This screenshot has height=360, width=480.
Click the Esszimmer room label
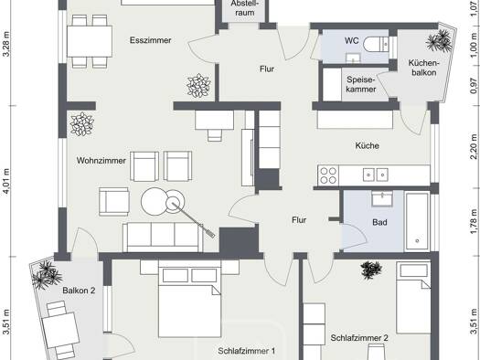(x=150, y=40)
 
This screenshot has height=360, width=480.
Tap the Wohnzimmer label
(x=101, y=161)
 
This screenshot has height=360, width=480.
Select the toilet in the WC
(x=376, y=45)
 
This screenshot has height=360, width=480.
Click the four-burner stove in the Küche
(x=328, y=175)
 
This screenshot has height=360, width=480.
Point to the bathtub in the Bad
(x=417, y=222)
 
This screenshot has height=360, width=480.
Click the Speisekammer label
(x=361, y=84)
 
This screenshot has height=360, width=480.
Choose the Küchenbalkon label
(x=424, y=68)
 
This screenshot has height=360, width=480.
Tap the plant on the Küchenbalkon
(x=439, y=40)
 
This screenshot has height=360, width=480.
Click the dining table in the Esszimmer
(x=90, y=41)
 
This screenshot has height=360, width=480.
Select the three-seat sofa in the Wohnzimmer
(x=163, y=237)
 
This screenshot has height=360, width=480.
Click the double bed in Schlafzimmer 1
(x=189, y=298)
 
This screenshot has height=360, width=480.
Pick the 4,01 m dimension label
(x=6, y=182)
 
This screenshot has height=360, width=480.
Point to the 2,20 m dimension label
(x=474, y=147)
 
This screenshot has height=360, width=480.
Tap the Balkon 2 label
(x=79, y=291)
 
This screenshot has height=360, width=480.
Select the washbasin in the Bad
(x=382, y=199)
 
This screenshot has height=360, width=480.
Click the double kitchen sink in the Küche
(x=375, y=175)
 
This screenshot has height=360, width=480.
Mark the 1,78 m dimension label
(x=474, y=221)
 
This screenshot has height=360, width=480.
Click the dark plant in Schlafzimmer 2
(x=371, y=270)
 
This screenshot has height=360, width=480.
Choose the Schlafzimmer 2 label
(x=359, y=338)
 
